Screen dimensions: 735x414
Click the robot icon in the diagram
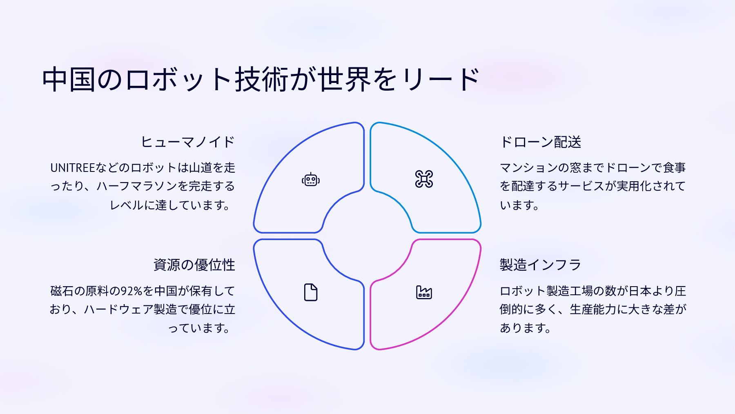(311, 179)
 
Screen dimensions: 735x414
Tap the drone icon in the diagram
(424, 179)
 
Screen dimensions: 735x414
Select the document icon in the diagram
(311, 292)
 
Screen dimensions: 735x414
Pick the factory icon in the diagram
(424, 292)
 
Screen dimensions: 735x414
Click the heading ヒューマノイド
(188, 142)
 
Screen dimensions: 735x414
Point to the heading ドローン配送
(540, 142)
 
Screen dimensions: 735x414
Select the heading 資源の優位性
(194, 265)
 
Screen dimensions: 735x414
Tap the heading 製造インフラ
(540, 265)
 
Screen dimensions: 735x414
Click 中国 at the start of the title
(69, 79)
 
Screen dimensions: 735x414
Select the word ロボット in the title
(178, 79)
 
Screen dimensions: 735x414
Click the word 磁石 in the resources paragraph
(62, 291)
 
